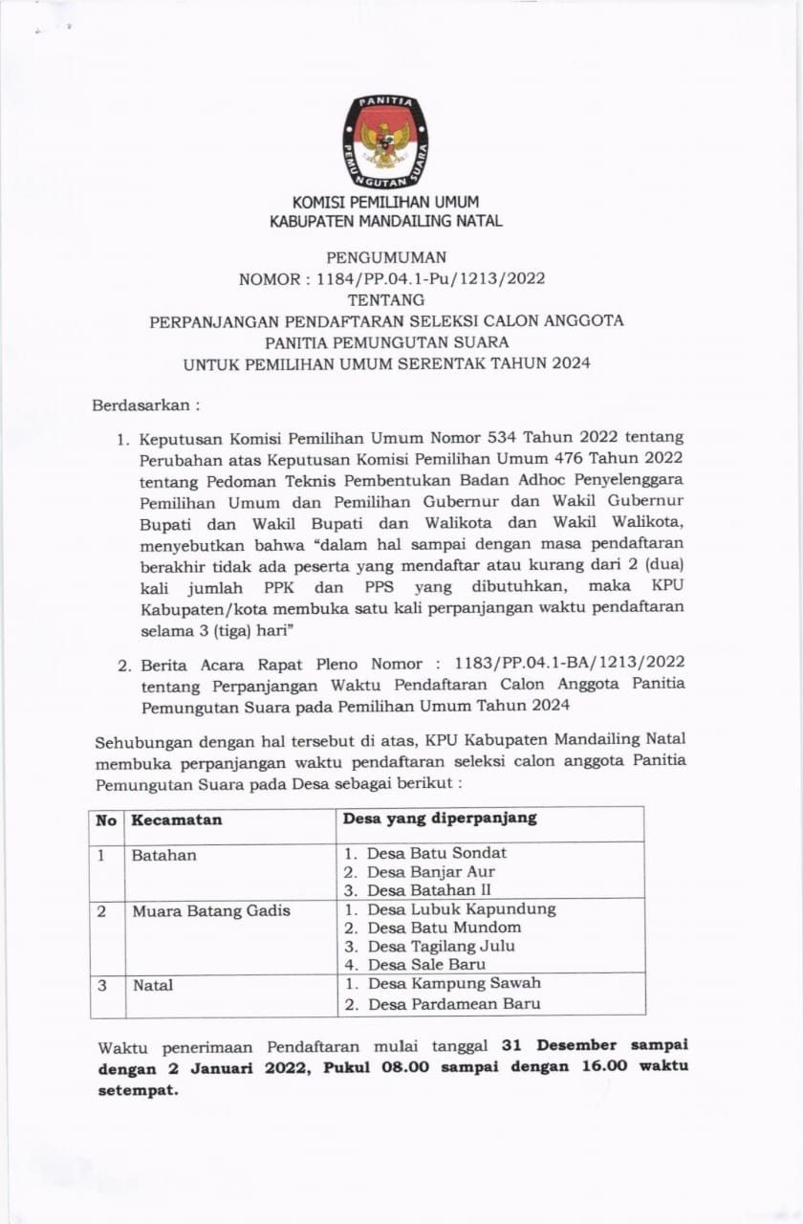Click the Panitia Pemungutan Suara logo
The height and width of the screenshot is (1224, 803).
click(386, 141)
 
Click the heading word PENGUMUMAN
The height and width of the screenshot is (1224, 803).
click(386, 257)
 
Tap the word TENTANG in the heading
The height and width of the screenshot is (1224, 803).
click(386, 299)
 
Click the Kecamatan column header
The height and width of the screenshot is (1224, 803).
click(177, 820)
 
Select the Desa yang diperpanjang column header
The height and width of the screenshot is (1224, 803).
click(440, 819)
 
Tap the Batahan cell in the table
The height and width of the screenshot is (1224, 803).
click(164, 855)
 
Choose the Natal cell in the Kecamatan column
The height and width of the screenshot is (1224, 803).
click(153, 984)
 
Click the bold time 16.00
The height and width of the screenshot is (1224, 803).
click(604, 1067)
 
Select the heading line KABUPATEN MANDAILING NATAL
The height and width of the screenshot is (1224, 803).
click(386, 222)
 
